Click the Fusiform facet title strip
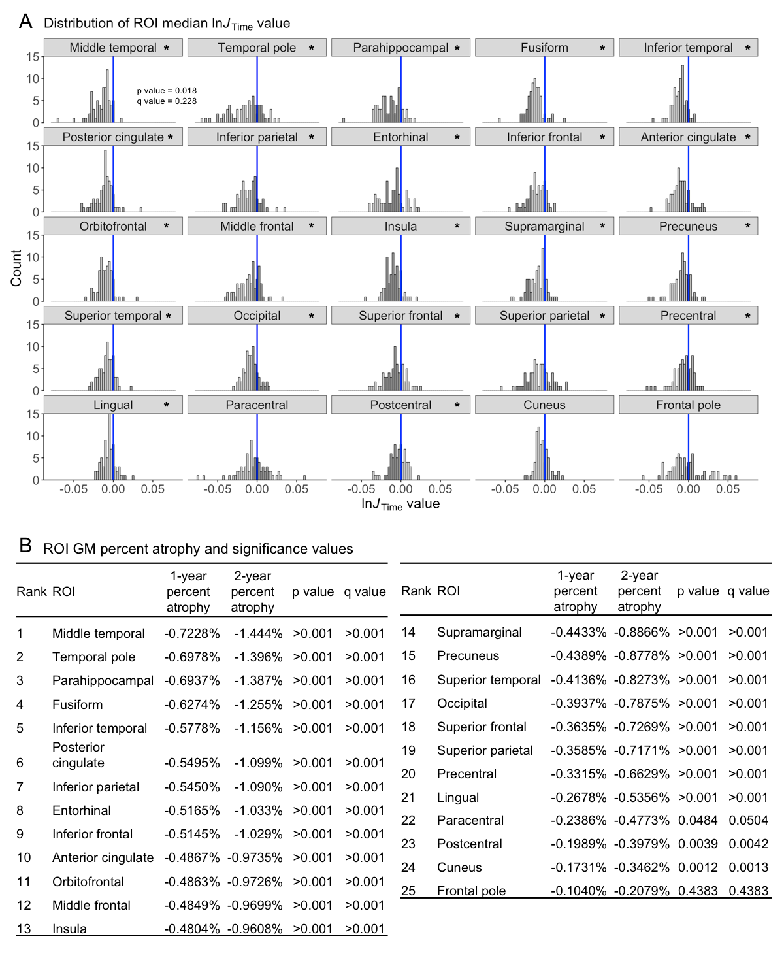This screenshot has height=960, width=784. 544,48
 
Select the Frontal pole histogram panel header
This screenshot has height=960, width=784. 688,405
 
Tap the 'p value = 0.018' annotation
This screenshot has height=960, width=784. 167,91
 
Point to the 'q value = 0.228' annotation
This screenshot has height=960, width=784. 167,101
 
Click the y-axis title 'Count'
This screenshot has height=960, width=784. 16,268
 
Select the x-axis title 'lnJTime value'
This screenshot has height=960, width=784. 400,505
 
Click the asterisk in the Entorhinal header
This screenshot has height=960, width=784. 457,138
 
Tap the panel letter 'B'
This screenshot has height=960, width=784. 25,546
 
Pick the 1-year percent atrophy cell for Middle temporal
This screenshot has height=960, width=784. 191,634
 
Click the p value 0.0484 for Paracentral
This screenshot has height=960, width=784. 698,821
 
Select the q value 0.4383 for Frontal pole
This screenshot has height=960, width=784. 749,891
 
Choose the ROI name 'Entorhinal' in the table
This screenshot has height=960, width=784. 82,811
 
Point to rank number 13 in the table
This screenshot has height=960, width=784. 24,929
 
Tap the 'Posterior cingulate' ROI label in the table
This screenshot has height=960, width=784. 78,755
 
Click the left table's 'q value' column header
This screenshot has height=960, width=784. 365,592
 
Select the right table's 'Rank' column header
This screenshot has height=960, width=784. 416,591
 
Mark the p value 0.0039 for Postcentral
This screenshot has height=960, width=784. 698,844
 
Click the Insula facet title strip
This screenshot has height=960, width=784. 400,227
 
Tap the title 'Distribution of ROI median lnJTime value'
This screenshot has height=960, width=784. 167,24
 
